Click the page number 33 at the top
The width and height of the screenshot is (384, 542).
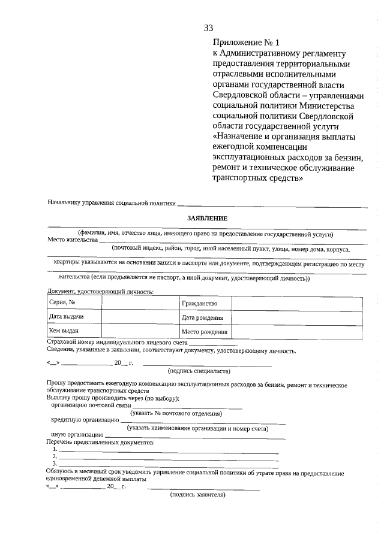208,28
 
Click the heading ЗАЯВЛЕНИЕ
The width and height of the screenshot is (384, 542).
208,219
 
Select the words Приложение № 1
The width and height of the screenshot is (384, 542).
246,43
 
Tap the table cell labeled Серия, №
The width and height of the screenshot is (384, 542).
74,303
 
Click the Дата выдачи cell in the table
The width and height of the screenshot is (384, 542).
74,317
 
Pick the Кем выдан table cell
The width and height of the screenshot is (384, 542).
74,331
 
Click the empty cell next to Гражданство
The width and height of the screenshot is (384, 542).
297,304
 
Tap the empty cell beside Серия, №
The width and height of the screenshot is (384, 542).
140,303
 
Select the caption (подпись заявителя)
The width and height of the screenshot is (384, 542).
198,495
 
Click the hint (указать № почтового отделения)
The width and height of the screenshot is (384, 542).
176,413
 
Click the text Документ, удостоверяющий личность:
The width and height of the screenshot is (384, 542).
100,292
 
